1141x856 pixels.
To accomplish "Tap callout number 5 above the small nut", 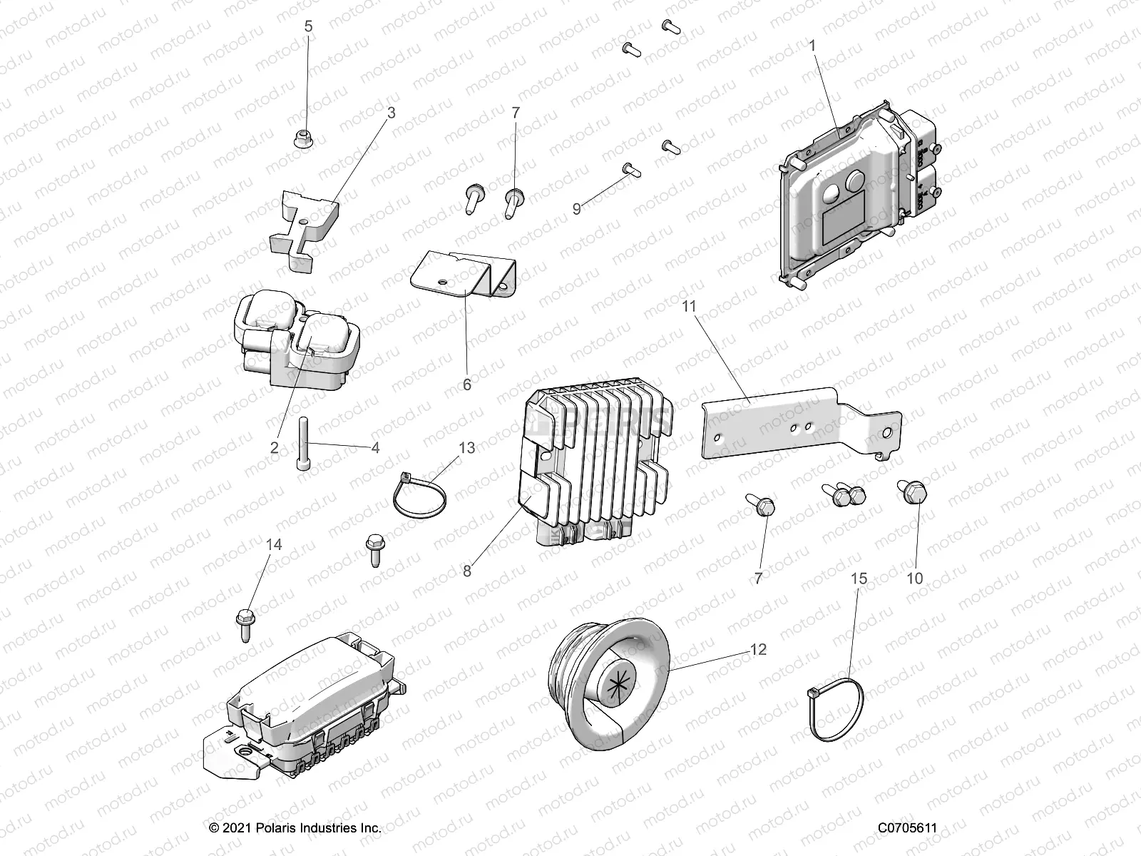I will point(308,27).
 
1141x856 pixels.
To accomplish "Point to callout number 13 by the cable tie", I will point(466,448).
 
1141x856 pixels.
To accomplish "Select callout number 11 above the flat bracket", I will point(689,306).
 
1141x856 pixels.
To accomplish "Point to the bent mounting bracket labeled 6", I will point(465,277).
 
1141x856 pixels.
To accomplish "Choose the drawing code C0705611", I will point(907,828).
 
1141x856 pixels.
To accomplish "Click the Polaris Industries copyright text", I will point(295,828).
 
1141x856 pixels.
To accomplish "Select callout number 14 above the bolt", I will point(275,545).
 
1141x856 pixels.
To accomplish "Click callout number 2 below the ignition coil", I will point(274,448).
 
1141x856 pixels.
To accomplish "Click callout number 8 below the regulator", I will point(466,571).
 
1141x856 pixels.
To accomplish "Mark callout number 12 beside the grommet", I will point(757,649).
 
